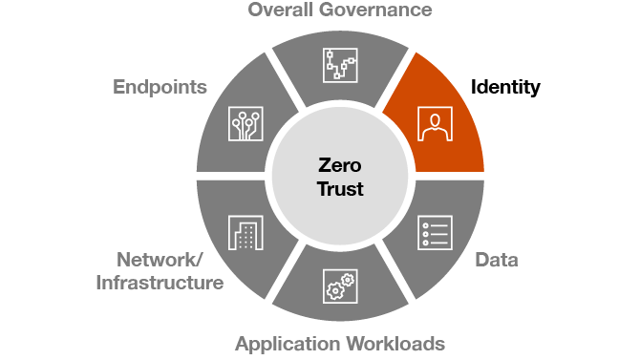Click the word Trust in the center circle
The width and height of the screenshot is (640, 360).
click(339, 188)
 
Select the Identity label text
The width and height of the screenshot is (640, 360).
click(505, 88)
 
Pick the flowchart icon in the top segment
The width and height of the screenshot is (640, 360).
click(339, 66)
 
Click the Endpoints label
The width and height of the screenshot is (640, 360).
click(160, 88)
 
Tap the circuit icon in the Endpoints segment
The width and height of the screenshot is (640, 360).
click(245, 123)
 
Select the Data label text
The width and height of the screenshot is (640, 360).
click(497, 261)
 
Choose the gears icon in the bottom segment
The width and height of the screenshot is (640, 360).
click(339, 287)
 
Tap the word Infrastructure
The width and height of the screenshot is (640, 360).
click(160, 283)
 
